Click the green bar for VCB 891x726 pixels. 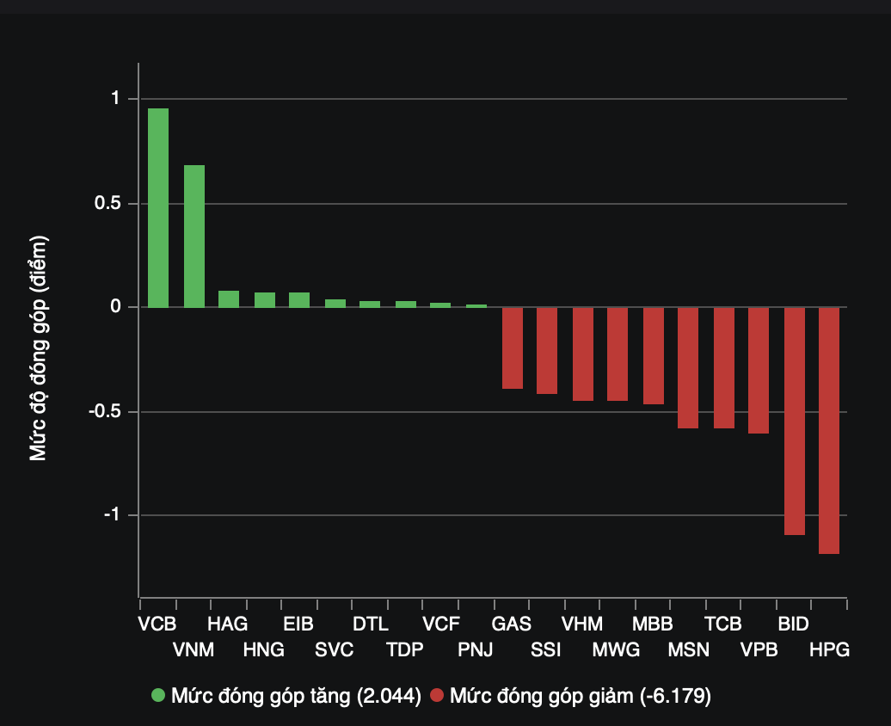click(158, 207)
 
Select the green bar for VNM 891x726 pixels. click(194, 236)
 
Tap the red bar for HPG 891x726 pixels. click(829, 430)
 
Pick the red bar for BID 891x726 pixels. click(795, 421)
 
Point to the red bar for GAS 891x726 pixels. click(513, 348)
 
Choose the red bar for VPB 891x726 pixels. click(759, 370)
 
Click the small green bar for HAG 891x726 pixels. click(229, 299)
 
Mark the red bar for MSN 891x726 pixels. click(688, 367)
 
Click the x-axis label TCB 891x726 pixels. click(722, 624)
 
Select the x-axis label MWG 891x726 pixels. click(616, 649)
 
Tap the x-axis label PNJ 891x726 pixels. click(476, 649)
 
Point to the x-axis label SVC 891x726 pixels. click(334, 649)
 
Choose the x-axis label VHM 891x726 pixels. click(582, 624)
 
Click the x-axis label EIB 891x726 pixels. click(298, 624)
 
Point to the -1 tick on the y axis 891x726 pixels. click(113, 514)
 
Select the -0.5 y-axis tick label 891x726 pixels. click(106, 411)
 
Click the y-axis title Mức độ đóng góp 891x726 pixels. click(39, 348)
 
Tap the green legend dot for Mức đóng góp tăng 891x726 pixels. click(158, 695)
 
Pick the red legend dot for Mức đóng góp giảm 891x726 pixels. click(437, 695)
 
